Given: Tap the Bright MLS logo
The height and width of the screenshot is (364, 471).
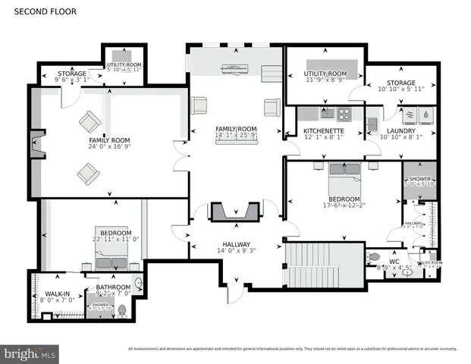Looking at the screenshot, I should [x=30, y=353].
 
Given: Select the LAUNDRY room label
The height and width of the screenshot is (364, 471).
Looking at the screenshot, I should [x=381, y=130].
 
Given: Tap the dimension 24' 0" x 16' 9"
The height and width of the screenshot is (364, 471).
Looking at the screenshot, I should [x=111, y=147].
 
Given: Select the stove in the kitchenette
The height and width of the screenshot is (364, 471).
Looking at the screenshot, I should [x=344, y=115].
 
